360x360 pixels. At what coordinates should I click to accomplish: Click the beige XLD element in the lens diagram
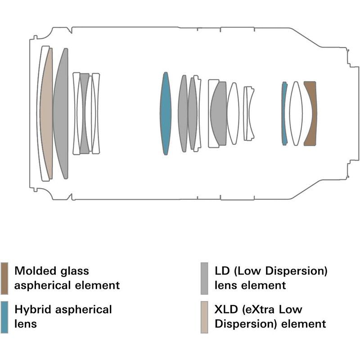46,113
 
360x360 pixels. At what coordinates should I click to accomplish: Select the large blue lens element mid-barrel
166,113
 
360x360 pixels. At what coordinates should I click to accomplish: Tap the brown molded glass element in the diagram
310,113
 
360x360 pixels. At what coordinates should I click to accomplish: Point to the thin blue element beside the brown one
284,113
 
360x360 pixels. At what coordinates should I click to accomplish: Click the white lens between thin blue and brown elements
296,113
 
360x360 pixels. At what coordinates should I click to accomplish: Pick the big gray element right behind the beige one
61,113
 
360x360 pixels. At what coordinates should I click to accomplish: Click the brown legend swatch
4,278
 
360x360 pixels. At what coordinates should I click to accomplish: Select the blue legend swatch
4,316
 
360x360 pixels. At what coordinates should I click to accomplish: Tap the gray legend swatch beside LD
204,278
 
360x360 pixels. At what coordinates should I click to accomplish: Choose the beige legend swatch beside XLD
204,316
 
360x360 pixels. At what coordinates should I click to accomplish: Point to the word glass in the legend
73,271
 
